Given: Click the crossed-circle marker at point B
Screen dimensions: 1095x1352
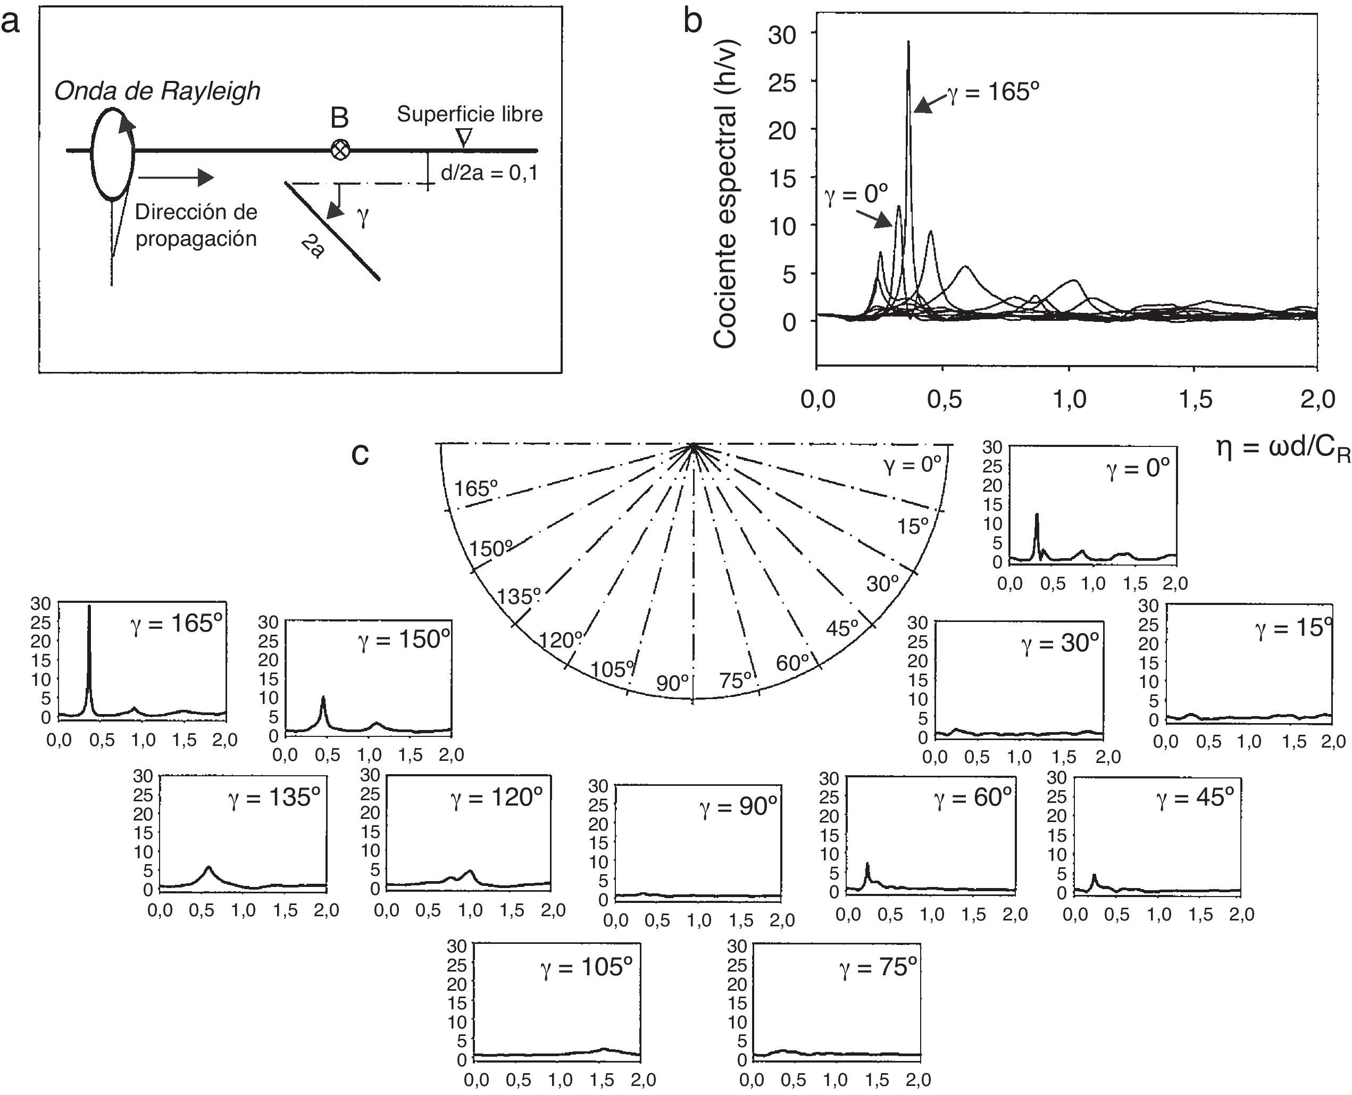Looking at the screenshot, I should pos(340,150).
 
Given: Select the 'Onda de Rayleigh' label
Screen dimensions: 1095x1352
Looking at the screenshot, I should pos(157,92).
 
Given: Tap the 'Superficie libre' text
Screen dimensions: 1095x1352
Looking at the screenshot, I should pos(470,114).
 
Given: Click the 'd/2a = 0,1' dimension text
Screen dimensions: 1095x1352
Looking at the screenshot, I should pos(489,172).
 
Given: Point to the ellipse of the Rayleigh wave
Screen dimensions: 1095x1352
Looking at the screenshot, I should pos(113,154).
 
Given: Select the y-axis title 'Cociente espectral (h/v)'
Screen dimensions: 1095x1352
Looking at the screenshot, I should pos(726,195).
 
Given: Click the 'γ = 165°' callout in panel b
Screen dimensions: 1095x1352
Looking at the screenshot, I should pos(993,93).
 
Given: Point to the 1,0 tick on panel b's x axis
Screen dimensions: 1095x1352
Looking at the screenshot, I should pos(1070,399).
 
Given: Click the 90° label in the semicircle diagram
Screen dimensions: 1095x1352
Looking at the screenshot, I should pos(672,683).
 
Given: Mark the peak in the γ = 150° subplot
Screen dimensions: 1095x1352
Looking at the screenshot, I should pos(323,699).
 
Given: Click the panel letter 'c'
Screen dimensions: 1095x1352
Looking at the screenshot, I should pos(360,453).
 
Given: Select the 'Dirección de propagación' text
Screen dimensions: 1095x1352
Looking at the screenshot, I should pos(196,225).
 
